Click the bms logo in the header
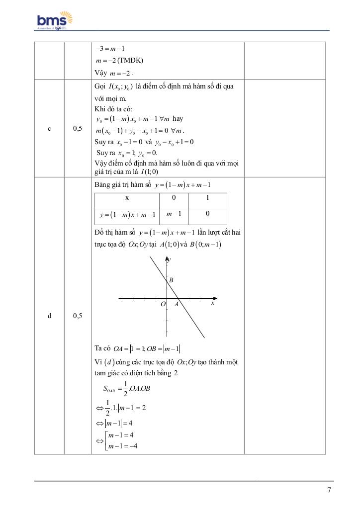point(55,21)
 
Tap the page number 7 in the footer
point(329,490)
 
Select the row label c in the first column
point(49,129)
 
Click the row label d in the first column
point(49,316)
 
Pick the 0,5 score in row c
point(78,129)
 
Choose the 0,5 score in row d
point(78,316)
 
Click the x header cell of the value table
point(127,198)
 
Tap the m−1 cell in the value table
point(174,214)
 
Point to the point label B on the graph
point(171,280)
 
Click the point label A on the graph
point(176,304)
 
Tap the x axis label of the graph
point(212,303)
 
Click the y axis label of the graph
point(170,259)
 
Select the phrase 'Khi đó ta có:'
point(112,109)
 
